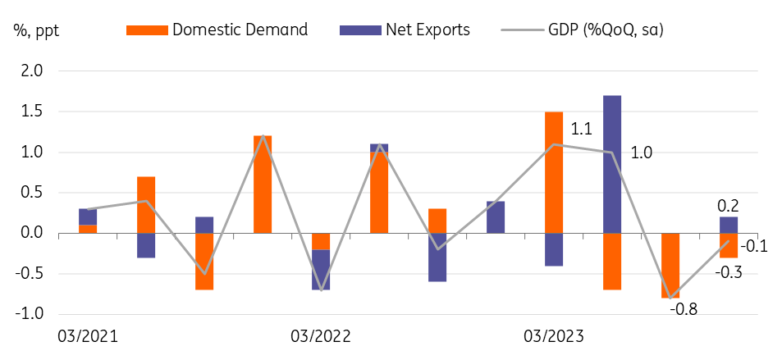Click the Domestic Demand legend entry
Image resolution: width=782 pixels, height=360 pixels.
[x=217, y=30]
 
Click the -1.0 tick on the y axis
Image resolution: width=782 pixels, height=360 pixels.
[x=30, y=314]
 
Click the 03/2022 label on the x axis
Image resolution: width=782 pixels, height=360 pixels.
[x=321, y=336]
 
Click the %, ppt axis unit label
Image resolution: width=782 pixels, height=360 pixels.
[x=36, y=31]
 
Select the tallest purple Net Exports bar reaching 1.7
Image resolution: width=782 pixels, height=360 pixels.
[x=611, y=164]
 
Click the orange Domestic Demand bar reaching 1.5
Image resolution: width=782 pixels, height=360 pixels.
[x=553, y=172]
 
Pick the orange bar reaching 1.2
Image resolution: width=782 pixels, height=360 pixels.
[x=263, y=185]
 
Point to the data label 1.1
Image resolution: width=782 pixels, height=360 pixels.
[x=582, y=129]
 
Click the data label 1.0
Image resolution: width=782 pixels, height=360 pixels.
[x=643, y=153]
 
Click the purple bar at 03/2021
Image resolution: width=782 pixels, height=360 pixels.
[x=88, y=216]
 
